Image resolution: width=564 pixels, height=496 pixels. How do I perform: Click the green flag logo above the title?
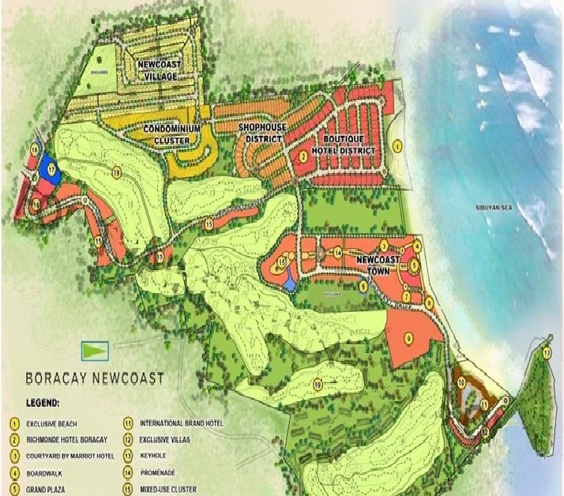[95, 348]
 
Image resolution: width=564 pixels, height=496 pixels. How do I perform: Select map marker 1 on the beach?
[398, 145]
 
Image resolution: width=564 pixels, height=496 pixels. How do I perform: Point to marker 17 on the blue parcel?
[51, 170]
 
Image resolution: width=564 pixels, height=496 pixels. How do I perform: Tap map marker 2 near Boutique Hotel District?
[303, 156]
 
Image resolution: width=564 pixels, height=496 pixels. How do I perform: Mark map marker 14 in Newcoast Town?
[337, 253]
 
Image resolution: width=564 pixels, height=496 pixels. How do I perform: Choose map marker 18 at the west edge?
[36, 148]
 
